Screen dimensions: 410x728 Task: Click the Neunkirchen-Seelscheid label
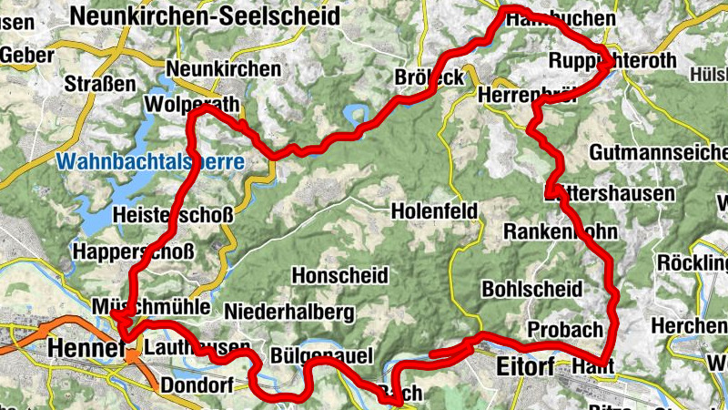tap(205, 15)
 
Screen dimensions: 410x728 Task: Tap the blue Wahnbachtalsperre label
tap(150, 163)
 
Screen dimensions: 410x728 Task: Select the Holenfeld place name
tap(435, 211)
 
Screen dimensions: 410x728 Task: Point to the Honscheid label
tap(340, 274)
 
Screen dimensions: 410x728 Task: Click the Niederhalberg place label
tap(288, 312)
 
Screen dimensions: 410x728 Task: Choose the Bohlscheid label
tap(531, 289)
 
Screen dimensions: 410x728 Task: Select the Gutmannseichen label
tap(659, 151)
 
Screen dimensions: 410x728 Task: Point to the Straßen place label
tap(101, 85)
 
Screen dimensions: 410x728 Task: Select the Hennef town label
tap(85, 348)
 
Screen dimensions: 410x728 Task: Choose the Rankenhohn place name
tap(561, 231)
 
